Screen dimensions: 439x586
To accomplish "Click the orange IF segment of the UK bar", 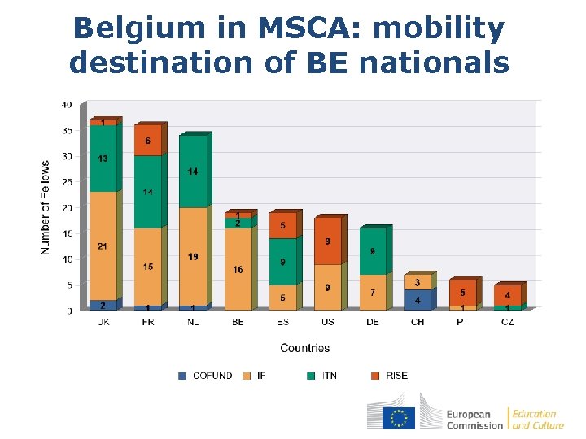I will [x=103, y=246].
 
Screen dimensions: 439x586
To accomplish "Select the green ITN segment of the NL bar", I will [x=193, y=172].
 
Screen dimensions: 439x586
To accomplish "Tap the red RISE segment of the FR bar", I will [x=147, y=140].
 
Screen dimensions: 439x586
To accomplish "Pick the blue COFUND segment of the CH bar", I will [x=418, y=300].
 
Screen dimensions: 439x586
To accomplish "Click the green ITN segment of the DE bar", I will [x=373, y=251].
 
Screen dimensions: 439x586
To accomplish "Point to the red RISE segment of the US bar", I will [x=327, y=241].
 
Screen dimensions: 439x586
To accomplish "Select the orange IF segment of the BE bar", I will [x=238, y=269].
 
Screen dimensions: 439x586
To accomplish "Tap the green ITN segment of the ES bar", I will [x=282, y=262].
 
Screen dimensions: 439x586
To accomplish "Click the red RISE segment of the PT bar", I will [x=462, y=293].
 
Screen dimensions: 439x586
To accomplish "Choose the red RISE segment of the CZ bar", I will [x=507, y=295].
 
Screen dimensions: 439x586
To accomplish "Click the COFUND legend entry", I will [x=205, y=376].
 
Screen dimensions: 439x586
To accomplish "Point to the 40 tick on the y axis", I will [x=66, y=104].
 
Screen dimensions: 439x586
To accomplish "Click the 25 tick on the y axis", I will [x=66, y=182].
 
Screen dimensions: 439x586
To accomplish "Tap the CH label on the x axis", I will [x=418, y=322].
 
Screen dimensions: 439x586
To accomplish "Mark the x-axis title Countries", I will [x=305, y=348].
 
